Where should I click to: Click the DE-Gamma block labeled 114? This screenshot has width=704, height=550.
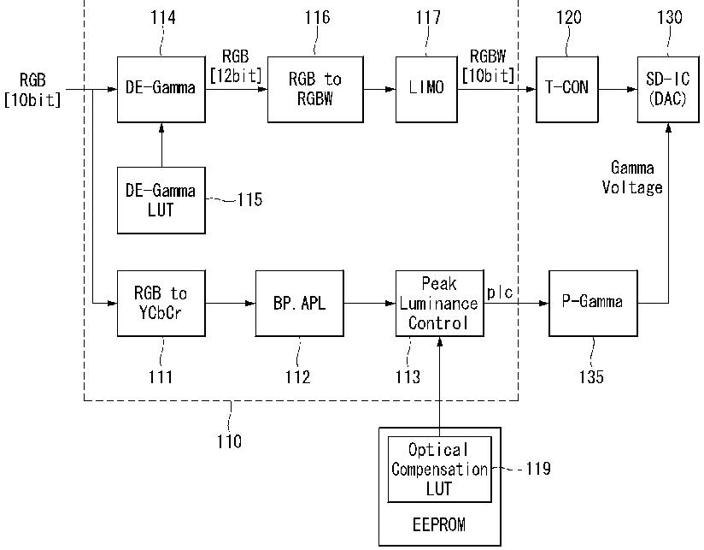(x=161, y=90)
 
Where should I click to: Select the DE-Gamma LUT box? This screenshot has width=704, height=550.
(x=161, y=200)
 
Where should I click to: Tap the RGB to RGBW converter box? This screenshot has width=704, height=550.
(x=315, y=90)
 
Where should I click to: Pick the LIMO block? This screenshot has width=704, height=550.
(x=426, y=90)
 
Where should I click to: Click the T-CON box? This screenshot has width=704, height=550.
(x=567, y=90)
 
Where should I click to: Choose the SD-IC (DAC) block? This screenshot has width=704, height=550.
(x=668, y=90)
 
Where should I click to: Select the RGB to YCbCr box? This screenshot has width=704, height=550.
(x=161, y=304)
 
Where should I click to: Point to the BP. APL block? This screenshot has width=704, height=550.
(x=300, y=304)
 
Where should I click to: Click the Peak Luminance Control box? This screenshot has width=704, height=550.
(x=439, y=304)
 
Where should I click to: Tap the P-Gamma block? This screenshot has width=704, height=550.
(x=593, y=304)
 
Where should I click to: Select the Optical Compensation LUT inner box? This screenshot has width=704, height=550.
(x=439, y=470)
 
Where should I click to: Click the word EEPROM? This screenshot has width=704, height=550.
(x=439, y=525)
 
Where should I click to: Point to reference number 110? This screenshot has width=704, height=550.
(x=230, y=441)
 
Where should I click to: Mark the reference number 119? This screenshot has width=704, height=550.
(x=538, y=469)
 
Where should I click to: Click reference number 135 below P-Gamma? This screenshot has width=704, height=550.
(x=591, y=376)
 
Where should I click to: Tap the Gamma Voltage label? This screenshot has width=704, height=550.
(x=632, y=178)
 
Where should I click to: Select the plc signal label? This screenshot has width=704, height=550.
(x=500, y=293)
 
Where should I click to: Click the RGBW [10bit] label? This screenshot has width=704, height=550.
(x=488, y=66)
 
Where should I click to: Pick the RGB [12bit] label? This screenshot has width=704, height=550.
(x=236, y=66)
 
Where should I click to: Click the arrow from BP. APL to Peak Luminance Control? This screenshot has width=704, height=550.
(x=369, y=304)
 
